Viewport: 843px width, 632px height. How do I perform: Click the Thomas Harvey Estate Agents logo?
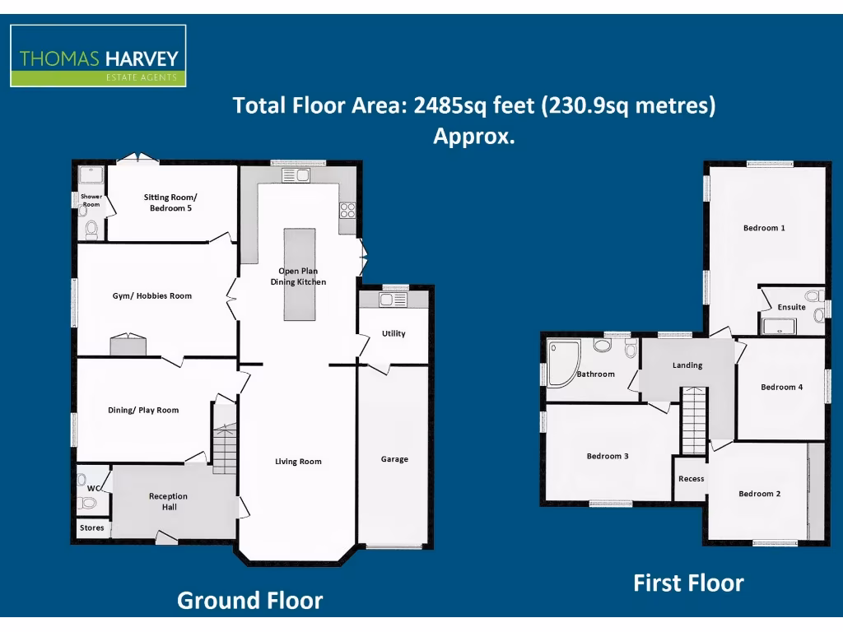coord(98,56)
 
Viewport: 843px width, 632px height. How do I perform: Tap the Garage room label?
coord(394,459)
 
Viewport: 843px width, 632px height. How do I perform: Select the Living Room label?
coord(298,462)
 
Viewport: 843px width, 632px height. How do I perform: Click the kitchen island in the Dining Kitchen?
coord(299,274)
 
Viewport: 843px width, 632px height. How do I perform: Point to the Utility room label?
coord(394,334)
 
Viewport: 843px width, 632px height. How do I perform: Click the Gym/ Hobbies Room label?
coord(152,296)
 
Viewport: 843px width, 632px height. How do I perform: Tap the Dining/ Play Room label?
coord(143,411)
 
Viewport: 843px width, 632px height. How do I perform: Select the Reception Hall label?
coord(168,502)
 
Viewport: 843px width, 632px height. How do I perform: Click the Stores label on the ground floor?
coord(92,527)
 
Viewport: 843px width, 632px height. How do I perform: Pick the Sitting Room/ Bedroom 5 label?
coord(170,203)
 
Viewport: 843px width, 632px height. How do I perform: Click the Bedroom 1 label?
coord(764,228)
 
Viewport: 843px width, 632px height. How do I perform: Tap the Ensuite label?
coord(791,308)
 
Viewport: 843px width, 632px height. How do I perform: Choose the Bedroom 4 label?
coord(781,387)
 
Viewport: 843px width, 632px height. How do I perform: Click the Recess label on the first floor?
coord(691,479)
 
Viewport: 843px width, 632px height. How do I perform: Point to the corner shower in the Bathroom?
coord(564,361)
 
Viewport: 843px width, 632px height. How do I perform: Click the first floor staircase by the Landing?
coord(694,421)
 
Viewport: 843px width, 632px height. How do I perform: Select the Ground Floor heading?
coord(249,601)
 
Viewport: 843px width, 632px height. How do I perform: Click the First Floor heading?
coord(688,583)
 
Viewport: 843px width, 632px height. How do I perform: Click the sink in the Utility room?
coord(393,300)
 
